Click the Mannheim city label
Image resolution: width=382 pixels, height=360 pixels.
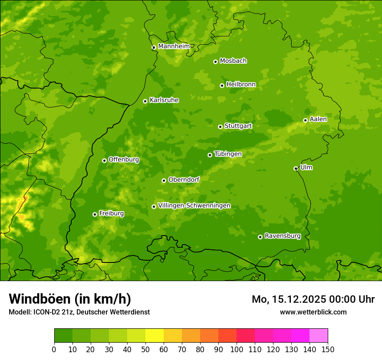click(174, 46)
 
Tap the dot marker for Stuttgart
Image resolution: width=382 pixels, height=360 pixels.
click(220, 127)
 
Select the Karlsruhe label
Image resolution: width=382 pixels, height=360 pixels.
click(164, 100)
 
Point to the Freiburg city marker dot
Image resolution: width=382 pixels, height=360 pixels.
click(95, 214)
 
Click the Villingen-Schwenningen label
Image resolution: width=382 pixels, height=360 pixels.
click(194, 205)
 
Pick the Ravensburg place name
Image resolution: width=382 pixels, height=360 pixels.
click(282, 236)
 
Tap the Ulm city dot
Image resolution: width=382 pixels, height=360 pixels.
click(296, 168)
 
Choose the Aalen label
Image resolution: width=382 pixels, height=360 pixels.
click(318, 119)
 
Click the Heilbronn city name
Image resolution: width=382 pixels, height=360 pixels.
click(240, 84)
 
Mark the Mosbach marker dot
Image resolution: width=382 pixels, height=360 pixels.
click(215, 62)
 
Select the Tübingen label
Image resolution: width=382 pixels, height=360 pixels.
click(227, 154)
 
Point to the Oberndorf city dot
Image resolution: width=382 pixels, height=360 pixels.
click(164, 180)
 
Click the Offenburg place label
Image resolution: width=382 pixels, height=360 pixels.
click(123, 159)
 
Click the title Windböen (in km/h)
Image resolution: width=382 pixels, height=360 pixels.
click(69, 299)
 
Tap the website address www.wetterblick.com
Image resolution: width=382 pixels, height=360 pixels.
click(313, 312)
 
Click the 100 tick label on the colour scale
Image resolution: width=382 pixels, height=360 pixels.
click(236, 349)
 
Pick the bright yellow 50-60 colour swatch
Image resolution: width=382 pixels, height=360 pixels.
click(154, 336)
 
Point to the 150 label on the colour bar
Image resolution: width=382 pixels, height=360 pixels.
click(327, 349)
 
